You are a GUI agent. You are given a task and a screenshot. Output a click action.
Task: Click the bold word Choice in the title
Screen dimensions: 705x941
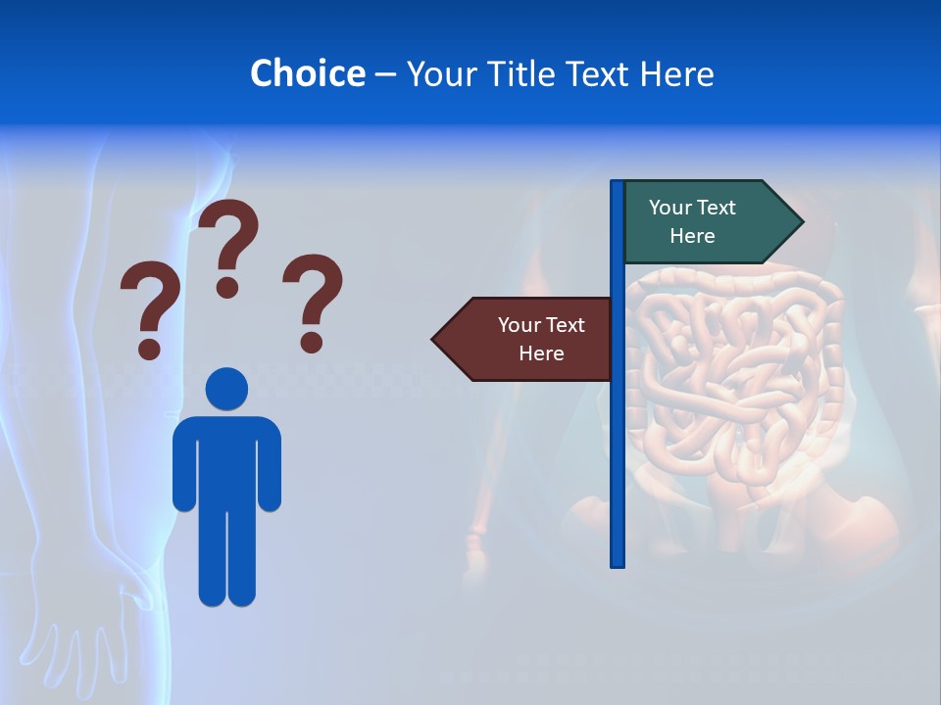(308, 73)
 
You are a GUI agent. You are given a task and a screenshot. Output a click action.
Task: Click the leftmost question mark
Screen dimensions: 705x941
(149, 307)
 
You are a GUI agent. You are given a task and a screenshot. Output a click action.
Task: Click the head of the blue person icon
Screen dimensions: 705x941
(226, 389)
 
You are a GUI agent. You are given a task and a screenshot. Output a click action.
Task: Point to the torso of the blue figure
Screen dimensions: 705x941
(226, 460)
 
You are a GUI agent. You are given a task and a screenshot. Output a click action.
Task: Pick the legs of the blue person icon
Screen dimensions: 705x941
(226, 558)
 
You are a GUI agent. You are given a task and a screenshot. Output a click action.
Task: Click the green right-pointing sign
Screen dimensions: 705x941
(701, 222)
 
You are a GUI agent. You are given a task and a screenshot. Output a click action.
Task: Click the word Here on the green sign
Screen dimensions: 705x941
(692, 236)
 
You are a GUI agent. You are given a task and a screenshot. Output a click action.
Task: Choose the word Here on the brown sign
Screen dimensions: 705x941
(541, 353)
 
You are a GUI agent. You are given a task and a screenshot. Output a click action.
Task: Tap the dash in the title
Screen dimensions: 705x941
(385, 74)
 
